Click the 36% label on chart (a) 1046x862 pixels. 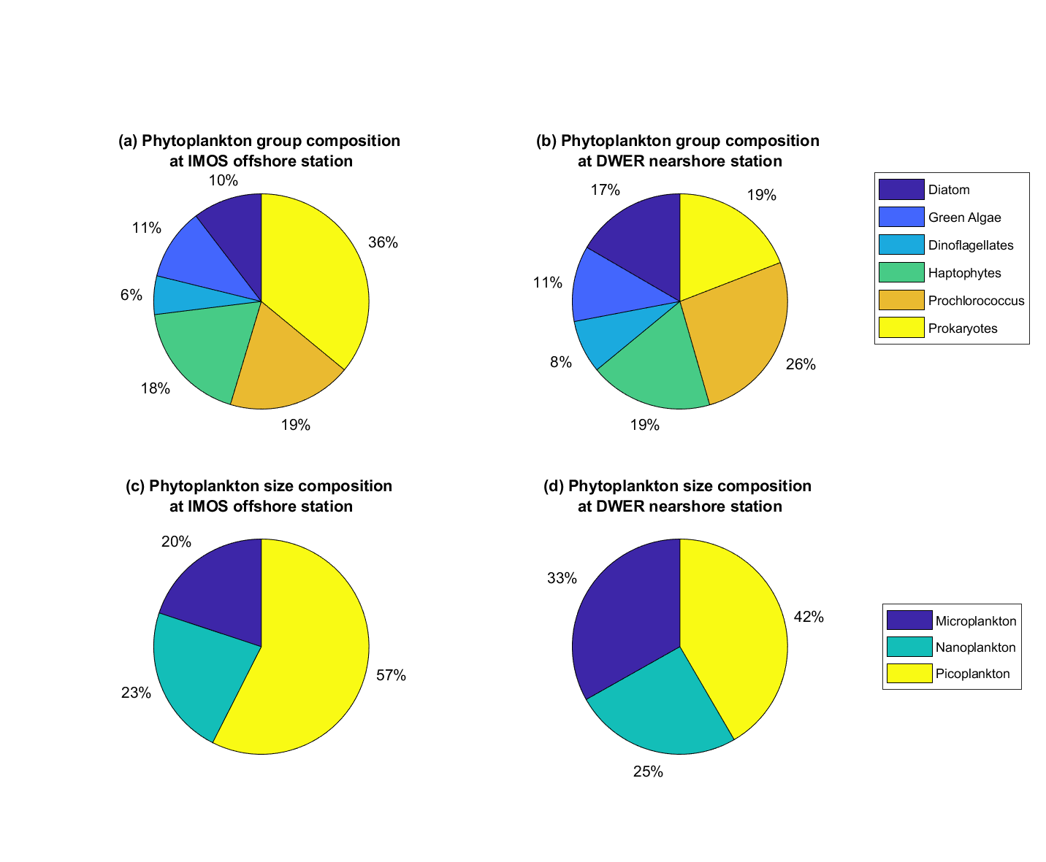pos(383,242)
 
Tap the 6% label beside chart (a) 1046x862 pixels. pos(131,295)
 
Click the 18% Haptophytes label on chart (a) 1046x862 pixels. pos(156,388)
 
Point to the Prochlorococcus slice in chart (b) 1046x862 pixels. pos(738,328)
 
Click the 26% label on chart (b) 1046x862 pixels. pos(801,364)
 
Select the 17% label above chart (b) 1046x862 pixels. pos(606,190)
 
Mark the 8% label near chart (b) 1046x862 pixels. pos(561,362)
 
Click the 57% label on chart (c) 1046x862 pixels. pos(391,675)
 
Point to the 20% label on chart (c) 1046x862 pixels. pos(176,542)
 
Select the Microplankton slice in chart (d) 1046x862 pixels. pos(621,620)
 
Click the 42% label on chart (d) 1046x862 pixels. pos(809,617)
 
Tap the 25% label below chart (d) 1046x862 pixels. pos(648,771)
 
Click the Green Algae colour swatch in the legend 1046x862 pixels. pos(901,217)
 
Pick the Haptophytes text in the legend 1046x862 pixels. pos(964,273)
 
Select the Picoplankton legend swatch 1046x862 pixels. pos(909,673)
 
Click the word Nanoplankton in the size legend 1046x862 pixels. pos(975,647)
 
